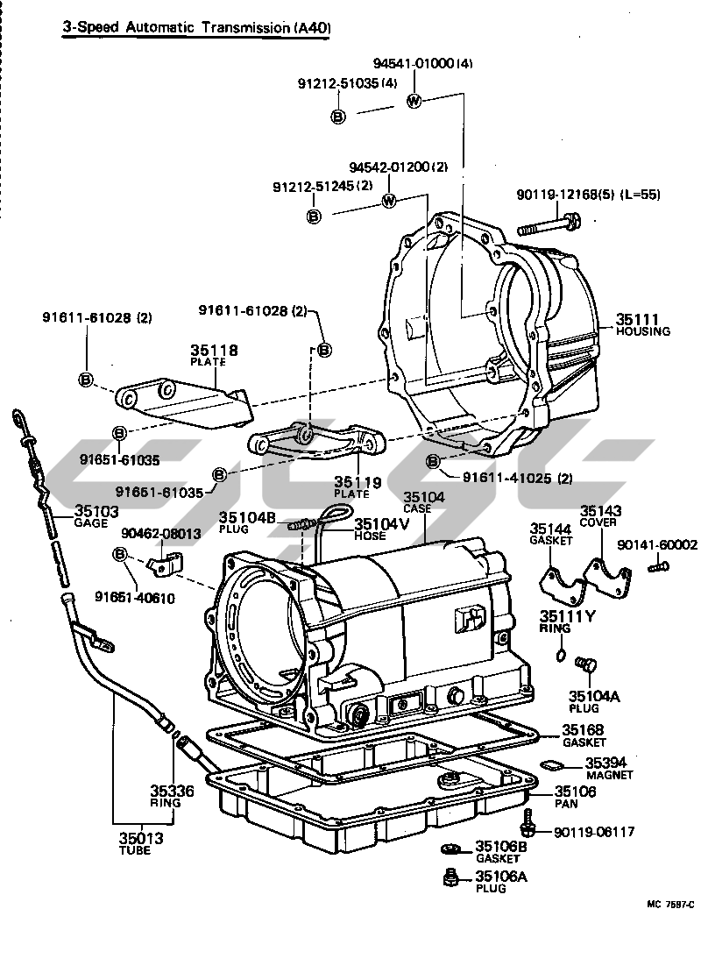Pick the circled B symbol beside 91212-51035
[338, 116]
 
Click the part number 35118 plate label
[215, 350]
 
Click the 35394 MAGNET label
[605, 763]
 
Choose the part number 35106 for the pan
[575, 791]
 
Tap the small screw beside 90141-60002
[655, 568]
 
